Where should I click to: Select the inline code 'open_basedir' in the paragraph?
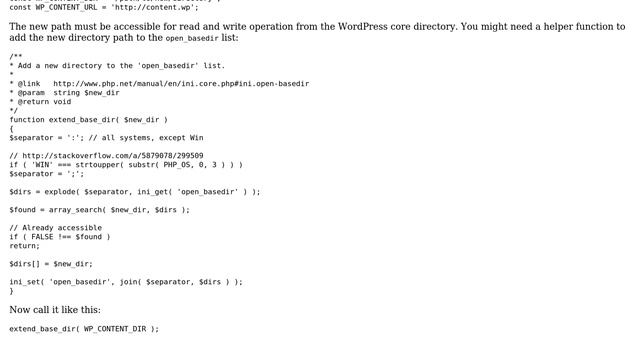click(192, 38)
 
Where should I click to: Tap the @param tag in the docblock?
click(31, 92)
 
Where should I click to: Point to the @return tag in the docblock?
click(33, 101)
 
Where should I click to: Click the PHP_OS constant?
click(181, 164)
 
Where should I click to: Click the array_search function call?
click(73, 209)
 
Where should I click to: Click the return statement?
click(24, 245)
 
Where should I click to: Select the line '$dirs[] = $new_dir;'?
click(51, 263)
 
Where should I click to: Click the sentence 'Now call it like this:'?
click(55, 309)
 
